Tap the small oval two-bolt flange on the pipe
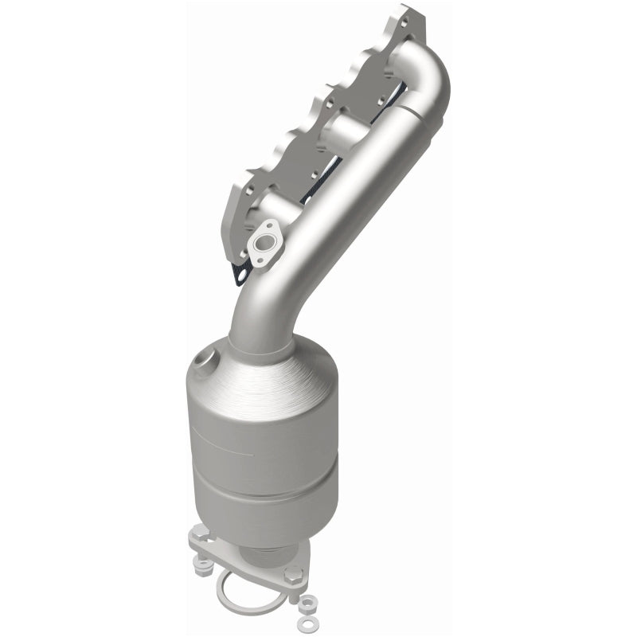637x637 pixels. (263, 246)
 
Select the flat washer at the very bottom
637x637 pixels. (303, 619)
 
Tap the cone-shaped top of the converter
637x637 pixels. (263, 374)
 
